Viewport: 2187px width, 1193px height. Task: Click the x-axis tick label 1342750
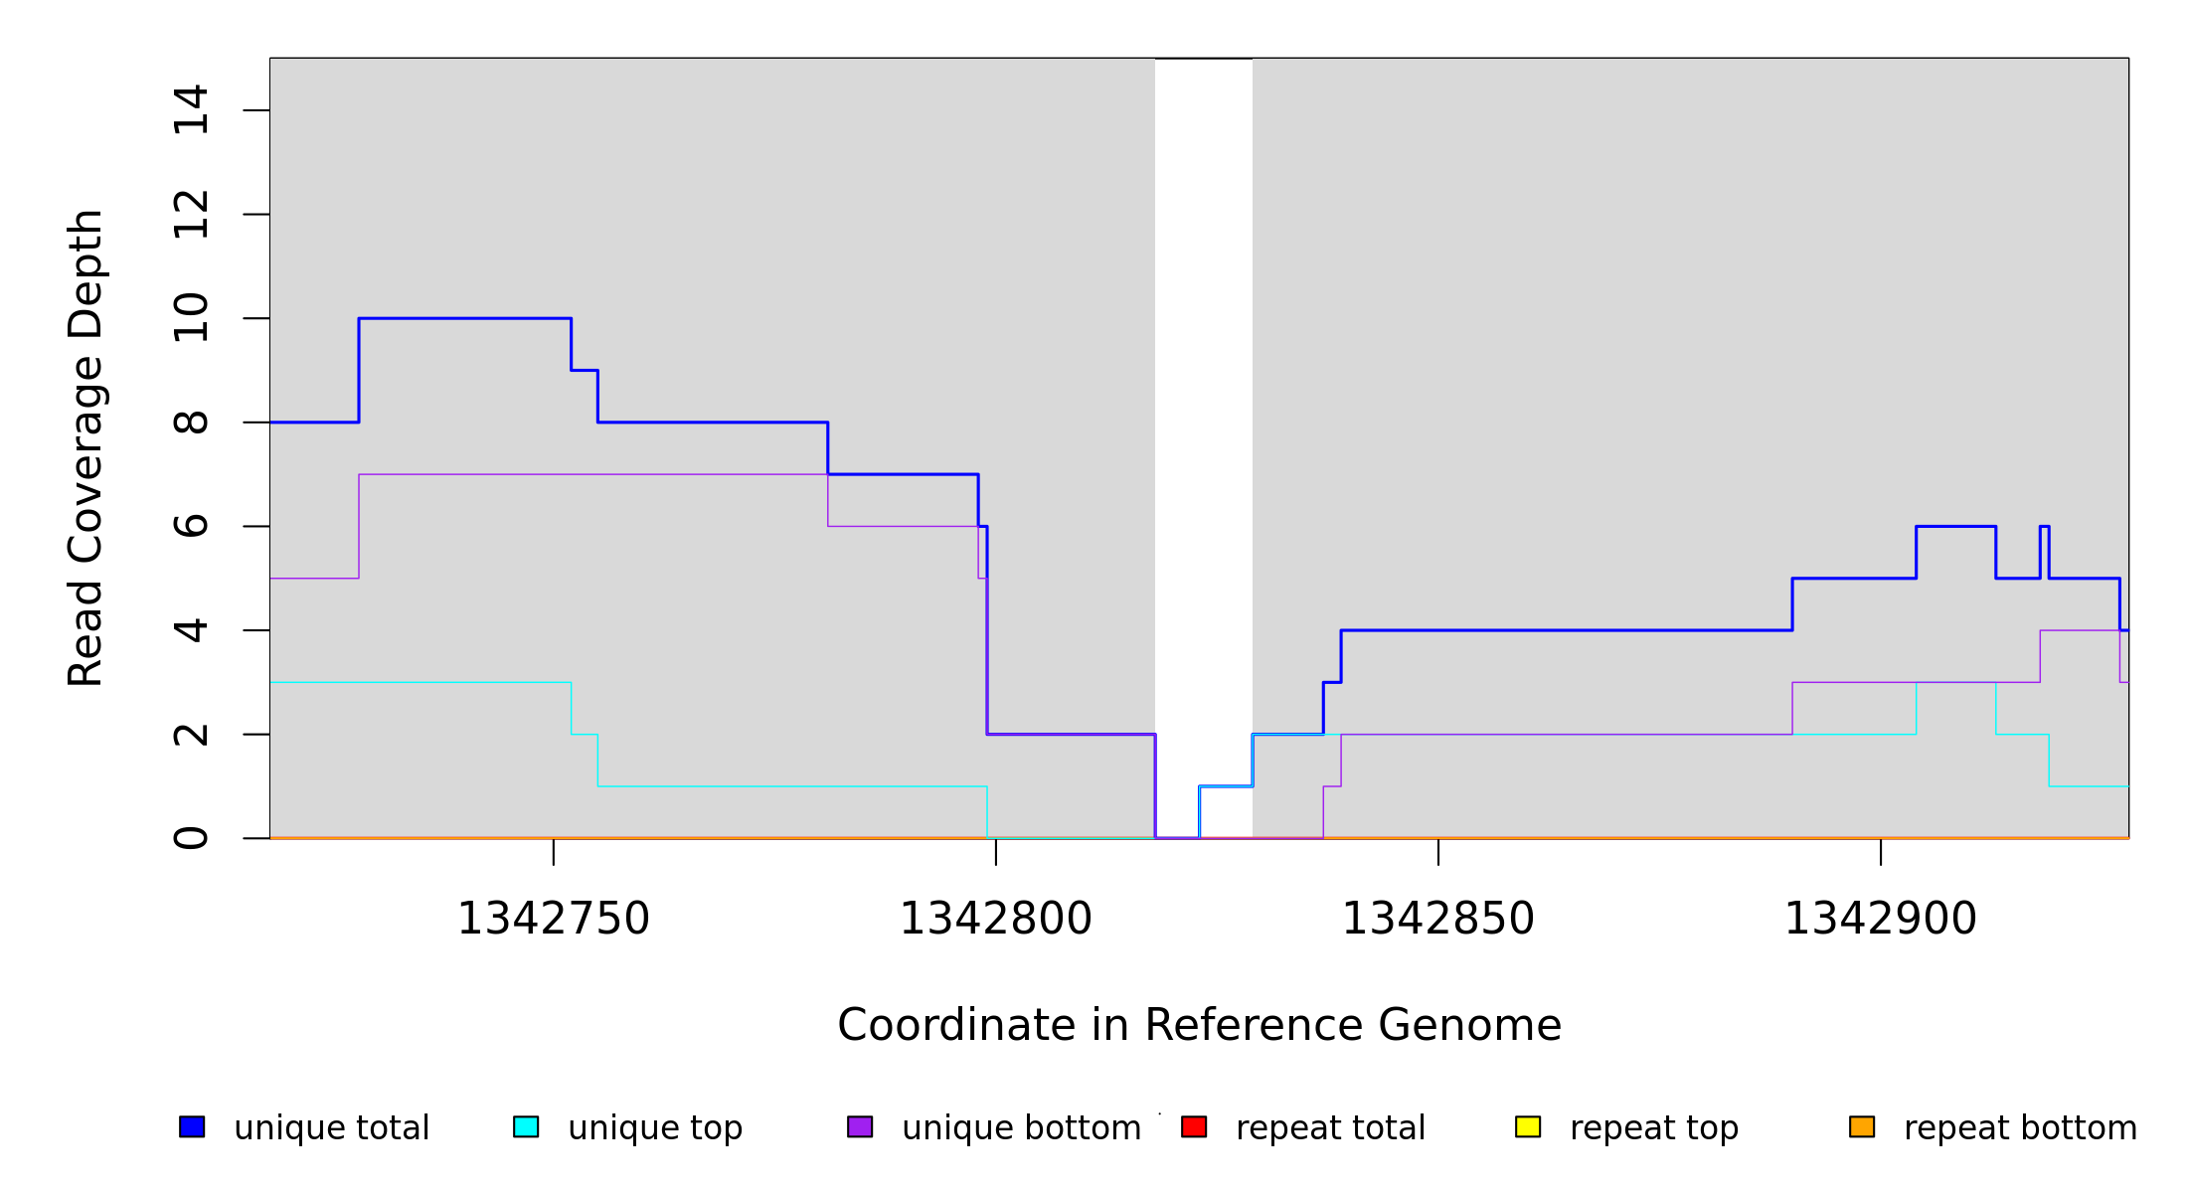(x=553, y=919)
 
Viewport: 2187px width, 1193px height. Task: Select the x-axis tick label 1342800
(x=995, y=919)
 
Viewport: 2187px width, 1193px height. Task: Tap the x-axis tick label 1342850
(x=1437, y=919)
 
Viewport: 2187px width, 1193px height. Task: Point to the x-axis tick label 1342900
(x=1880, y=919)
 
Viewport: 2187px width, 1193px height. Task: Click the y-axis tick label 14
(x=191, y=110)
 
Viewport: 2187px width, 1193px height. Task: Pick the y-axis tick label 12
(x=191, y=215)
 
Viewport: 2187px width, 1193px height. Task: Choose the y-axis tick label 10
(x=191, y=318)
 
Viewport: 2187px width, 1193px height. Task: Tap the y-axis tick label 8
(x=191, y=423)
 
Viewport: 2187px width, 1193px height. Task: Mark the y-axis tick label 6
(x=191, y=526)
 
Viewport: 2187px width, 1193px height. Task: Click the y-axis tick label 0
(x=191, y=838)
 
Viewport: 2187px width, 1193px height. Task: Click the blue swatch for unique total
(x=192, y=1126)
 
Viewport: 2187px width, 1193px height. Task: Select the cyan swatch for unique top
(x=526, y=1126)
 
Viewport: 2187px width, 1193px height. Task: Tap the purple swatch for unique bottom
(x=860, y=1126)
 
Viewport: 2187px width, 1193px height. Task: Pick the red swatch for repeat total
(x=1194, y=1126)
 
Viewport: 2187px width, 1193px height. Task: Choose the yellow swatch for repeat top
(x=1528, y=1126)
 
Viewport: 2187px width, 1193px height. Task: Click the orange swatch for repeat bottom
(x=1862, y=1126)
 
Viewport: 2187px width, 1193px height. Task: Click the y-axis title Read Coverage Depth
(x=85, y=447)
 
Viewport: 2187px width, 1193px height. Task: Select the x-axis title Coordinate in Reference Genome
(x=1199, y=1025)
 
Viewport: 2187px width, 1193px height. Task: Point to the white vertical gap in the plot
(x=1203, y=398)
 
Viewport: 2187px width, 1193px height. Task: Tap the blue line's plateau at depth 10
(x=464, y=318)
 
